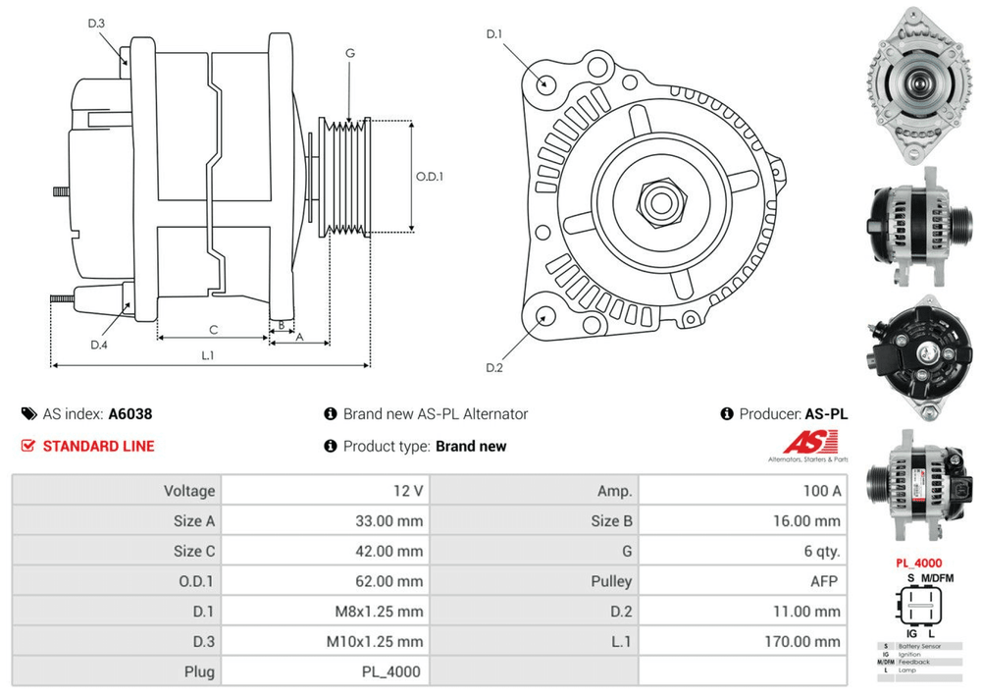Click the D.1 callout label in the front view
(493, 35)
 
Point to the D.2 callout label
(493, 368)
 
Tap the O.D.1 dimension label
(430, 177)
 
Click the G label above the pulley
(350, 53)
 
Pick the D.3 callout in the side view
(96, 24)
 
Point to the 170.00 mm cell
(804, 642)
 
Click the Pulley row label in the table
(611, 581)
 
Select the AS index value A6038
(130, 414)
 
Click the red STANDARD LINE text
(98, 446)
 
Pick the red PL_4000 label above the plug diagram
(918, 563)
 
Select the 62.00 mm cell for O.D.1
(388, 581)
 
